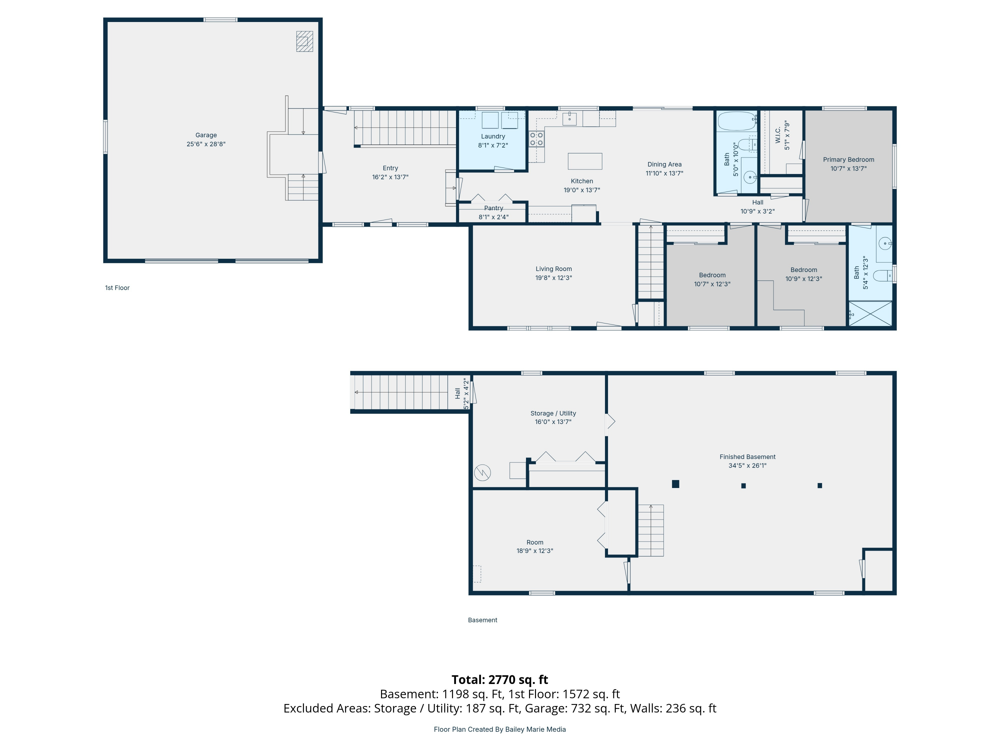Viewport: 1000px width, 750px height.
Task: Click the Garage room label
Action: click(x=206, y=135)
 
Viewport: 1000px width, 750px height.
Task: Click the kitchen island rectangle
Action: click(x=585, y=161)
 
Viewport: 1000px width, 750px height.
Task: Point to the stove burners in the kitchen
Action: click(x=536, y=139)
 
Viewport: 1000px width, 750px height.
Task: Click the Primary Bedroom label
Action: click(x=848, y=160)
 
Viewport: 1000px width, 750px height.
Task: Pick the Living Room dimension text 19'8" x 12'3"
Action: click(x=553, y=278)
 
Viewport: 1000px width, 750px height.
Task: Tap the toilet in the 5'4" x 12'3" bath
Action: click(x=882, y=275)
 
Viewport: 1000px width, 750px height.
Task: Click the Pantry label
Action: click(x=493, y=208)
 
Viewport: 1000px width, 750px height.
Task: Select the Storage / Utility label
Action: click(x=553, y=413)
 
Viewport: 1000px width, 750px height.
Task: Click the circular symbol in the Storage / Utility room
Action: click(x=482, y=472)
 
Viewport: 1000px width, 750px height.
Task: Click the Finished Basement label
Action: click(x=747, y=457)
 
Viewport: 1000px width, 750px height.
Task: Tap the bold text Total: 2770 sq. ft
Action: click(x=500, y=679)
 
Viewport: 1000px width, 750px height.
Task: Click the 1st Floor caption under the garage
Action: click(x=117, y=288)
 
